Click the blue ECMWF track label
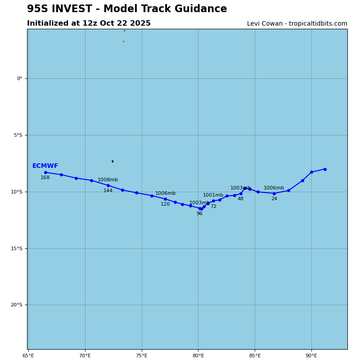45,166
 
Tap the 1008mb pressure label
108,180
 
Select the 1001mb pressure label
213,195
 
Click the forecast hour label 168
45,178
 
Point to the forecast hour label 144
108,191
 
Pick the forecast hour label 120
165,204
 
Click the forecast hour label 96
199,214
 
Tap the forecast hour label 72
213,207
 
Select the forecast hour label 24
274,199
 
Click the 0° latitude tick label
19,79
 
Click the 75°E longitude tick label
142,356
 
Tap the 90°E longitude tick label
311,356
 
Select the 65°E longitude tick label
28,356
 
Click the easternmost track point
325,169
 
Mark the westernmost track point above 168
45,172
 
